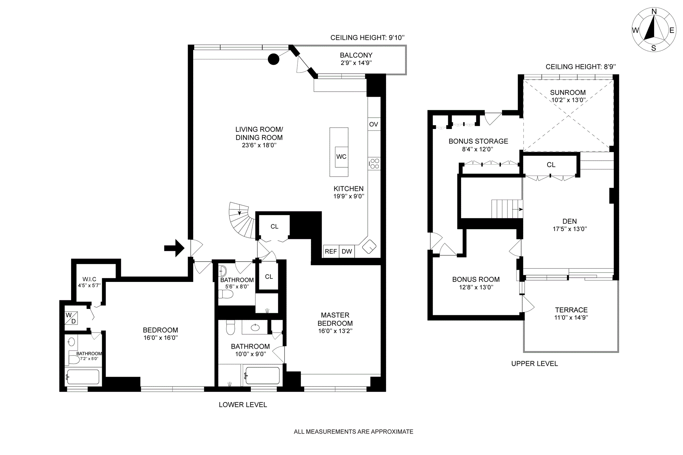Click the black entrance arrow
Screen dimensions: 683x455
click(174, 248)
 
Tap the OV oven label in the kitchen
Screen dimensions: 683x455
click(374, 124)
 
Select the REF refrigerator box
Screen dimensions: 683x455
click(331, 251)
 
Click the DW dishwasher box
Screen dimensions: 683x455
click(347, 251)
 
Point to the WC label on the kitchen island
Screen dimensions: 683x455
click(341, 157)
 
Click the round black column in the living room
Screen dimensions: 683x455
click(273, 59)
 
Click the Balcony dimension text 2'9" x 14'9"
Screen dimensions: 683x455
click(356, 63)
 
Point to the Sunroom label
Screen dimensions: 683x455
click(568, 92)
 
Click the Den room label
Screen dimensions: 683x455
click(570, 221)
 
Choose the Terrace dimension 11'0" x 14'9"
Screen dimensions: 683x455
click(571, 318)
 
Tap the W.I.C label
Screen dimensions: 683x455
click(89, 279)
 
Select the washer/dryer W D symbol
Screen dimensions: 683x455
click(71, 318)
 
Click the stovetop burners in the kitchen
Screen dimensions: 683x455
click(374, 164)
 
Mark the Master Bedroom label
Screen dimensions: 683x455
click(335, 319)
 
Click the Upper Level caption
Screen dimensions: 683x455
click(535, 364)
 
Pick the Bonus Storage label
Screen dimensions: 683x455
click(478, 141)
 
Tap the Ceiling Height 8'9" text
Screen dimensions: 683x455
click(581, 67)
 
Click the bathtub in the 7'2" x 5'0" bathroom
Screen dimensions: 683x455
click(83, 377)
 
